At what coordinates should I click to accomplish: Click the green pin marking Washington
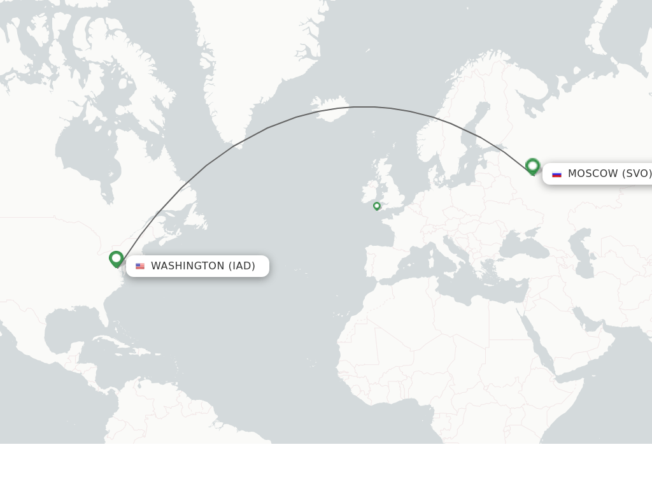116,259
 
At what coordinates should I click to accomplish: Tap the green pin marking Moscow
533,166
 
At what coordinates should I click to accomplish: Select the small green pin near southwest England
377,206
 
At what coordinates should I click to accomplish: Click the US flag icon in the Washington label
140,266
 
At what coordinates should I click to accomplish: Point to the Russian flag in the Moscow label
556,174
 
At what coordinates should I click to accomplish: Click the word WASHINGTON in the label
187,266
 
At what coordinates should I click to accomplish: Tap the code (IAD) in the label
242,266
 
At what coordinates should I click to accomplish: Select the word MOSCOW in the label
593,174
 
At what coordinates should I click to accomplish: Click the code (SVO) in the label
637,174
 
